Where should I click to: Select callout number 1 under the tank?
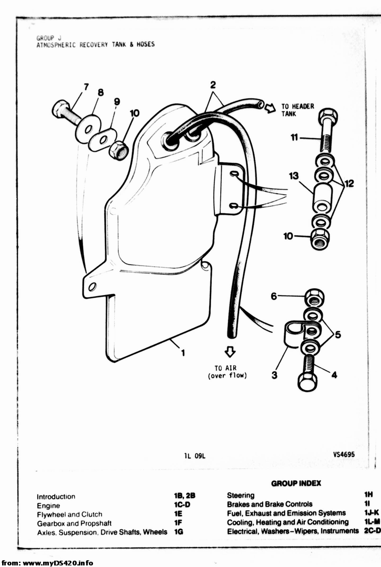point(183,353)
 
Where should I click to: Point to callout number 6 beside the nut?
point(273,297)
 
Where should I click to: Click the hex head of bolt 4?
point(307,381)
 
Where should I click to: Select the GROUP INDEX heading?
point(296,483)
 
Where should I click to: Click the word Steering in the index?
point(241,495)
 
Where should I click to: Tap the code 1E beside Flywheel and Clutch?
point(179,514)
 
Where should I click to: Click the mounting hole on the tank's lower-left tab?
point(92,286)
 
